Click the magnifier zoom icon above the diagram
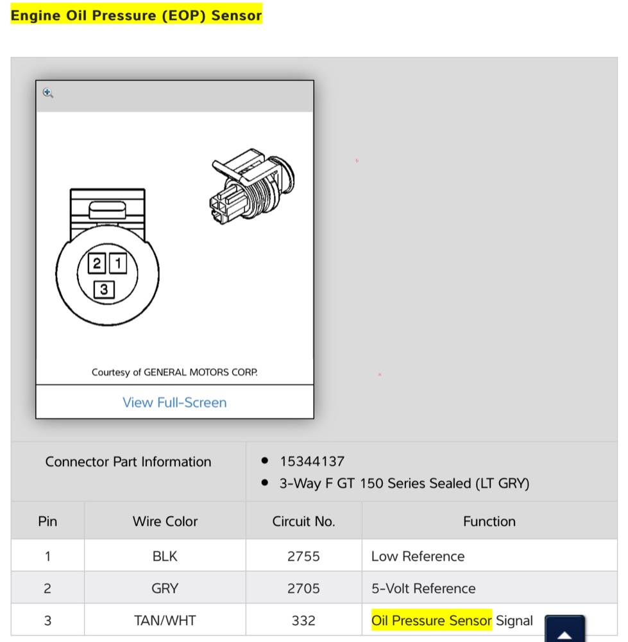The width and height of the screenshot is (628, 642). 48,93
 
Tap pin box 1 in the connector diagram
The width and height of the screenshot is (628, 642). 118,263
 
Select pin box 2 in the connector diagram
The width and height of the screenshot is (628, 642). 97,263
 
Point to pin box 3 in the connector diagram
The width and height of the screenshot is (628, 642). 104,290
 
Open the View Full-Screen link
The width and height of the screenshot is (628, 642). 174,403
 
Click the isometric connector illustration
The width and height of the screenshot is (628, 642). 252,186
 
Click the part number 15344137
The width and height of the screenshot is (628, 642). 312,462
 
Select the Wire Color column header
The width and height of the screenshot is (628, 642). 165,521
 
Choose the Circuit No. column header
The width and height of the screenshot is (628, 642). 303,521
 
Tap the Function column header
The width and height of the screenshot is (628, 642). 489,521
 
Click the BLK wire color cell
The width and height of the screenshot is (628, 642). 165,557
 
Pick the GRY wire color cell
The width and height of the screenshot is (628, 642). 165,588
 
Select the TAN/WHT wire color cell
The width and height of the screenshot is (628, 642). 165,621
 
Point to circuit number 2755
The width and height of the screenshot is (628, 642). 303,557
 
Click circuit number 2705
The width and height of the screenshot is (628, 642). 303,588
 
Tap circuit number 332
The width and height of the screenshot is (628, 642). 303,621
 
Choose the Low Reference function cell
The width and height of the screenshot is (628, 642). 418,557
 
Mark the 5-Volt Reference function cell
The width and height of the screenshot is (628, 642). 423,588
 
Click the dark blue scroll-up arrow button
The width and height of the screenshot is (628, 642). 564,629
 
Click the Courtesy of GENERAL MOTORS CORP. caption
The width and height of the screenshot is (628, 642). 174,372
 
